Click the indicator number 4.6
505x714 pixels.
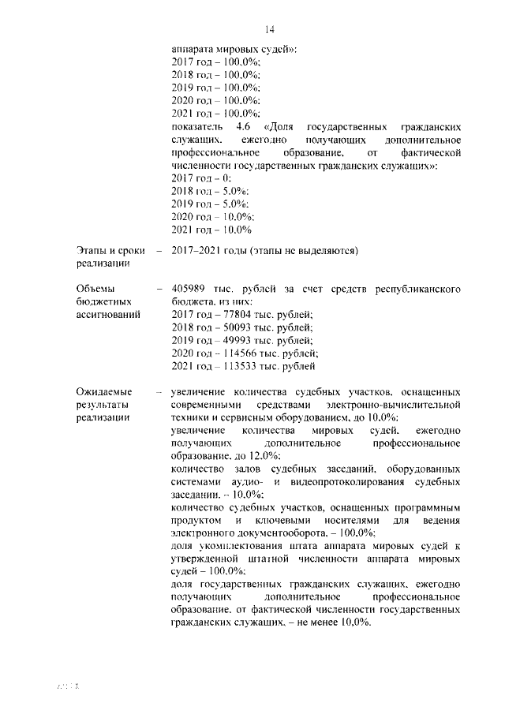(x=242, y=127)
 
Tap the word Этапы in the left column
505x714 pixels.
(x=94, y=252)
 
